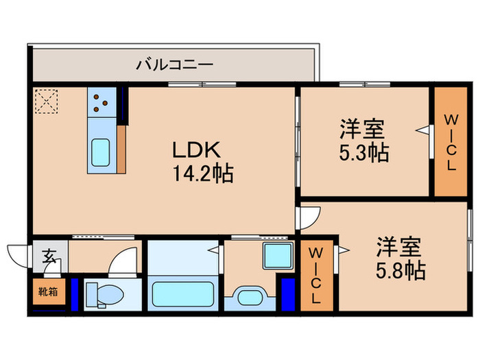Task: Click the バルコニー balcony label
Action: click(174, 65)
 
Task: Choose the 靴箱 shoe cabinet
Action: click(47, 291)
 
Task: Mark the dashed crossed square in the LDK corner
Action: click(47, 103)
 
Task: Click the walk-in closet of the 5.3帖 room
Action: click(451, 143)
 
